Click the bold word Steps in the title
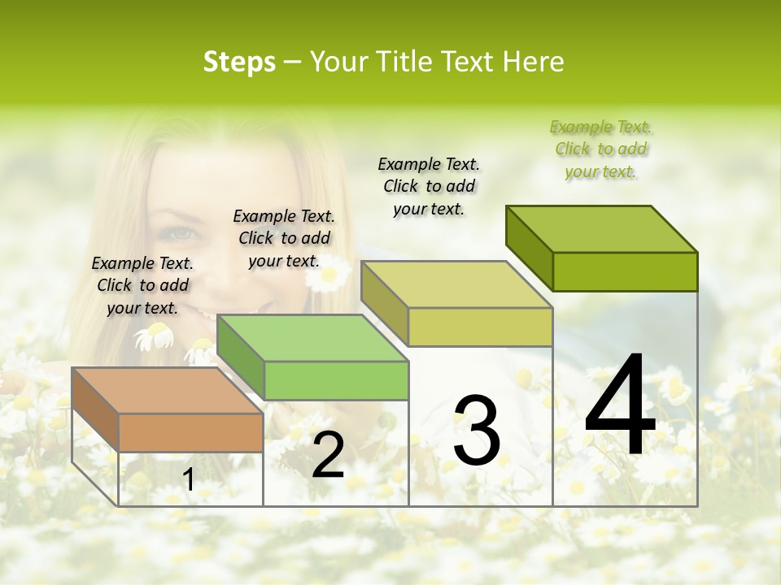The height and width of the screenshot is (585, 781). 239,62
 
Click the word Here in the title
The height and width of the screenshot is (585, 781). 534,62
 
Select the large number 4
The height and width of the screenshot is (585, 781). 620,406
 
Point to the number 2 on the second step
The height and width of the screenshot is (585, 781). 328,456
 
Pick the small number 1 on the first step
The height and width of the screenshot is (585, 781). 189,480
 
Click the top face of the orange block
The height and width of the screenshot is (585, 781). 167,391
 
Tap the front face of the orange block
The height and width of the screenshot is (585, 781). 190,432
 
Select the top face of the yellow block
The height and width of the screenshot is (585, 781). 456,284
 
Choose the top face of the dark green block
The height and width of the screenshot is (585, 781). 602,229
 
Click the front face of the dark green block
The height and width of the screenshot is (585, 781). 625,271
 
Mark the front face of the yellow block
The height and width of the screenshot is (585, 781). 480,327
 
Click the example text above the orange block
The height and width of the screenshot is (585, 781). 142,285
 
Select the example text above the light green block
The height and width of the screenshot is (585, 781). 284,238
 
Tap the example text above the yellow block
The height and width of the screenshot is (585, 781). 429,186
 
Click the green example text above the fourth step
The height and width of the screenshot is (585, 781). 601,149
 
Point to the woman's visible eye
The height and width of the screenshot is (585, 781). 181,234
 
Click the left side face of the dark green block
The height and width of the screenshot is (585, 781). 530,248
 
